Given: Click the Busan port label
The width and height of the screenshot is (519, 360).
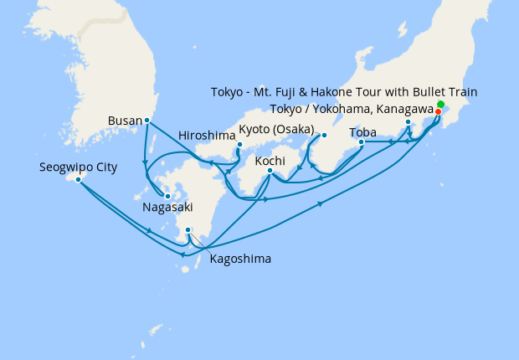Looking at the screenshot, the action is click(125, 121).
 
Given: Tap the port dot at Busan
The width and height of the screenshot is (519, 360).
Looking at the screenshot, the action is click(147, 120).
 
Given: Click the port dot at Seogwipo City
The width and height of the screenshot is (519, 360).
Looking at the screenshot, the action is click(78, 179).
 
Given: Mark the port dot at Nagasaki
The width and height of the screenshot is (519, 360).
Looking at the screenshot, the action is click(167, 196).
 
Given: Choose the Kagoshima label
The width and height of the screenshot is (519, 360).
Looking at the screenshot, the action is click(239, 259).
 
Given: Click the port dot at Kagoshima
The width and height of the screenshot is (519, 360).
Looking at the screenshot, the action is click(188, 230).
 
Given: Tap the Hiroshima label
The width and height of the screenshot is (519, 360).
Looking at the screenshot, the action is click(206, 135).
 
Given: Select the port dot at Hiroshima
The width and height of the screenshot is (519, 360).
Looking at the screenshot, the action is click(239, 144).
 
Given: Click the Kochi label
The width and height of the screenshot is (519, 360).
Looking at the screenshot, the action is click(270, 159).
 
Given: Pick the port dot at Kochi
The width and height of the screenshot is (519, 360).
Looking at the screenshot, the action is click(270, 172).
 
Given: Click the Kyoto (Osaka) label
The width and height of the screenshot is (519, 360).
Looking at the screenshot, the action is click(276, 129).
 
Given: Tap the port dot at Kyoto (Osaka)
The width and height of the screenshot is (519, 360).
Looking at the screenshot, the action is click(324, 135).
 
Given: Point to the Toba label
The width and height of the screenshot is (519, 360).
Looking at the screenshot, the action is click(362, 131).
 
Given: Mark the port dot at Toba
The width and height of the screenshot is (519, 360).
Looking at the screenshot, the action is click(361, 142).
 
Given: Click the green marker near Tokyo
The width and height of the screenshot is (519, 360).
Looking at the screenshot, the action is click(441, 104).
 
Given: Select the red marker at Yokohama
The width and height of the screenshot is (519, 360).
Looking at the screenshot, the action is click(438, 111).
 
